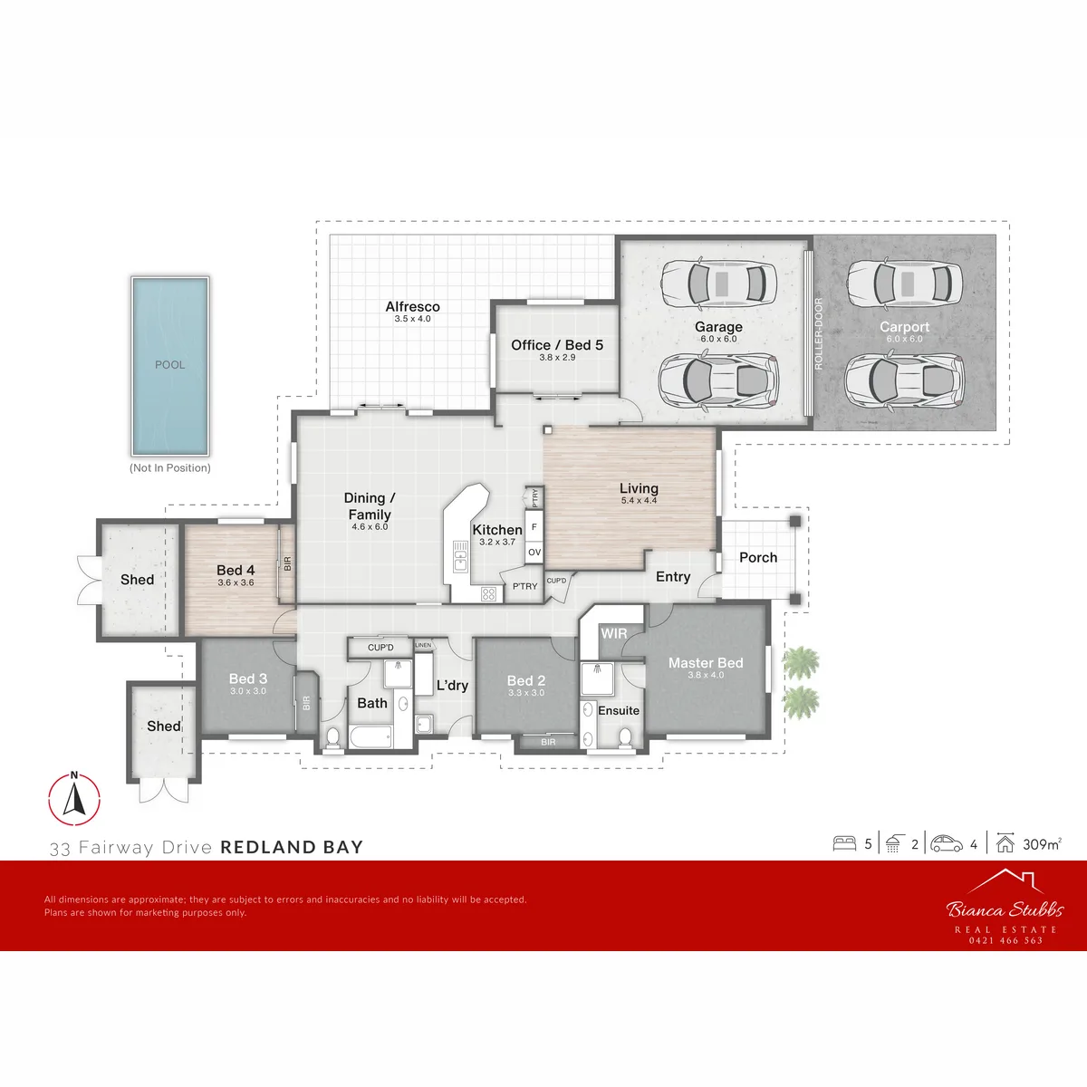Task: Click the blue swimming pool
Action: pyautogui.click(x=169, y=366)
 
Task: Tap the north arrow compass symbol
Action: pyautogui.click(x=74, y=798)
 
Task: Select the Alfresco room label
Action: pyautogui.click(x=412, y=306)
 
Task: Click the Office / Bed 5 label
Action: pyautogui.click(x=557, y=344)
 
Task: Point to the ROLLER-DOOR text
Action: pyautogui.click(x=819, y=334)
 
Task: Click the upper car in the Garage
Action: pyautogui.click(x=718, y=284)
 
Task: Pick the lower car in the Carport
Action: pyautogui.click(x=904, y=379)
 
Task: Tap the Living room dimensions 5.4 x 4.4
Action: pyautogui.click(x=639, y=500)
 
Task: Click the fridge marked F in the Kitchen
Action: pyautogui.click(x=534, y=527)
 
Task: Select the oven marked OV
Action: pyautogui.click(x=534, y=553)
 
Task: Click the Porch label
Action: pyautogui.click(x=758, y=557)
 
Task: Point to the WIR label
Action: pyautogui.click(x=614, y=633)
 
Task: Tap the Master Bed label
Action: pyautogui.click(x=706, y=663)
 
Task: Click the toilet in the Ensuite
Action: pyautogui.click(x=625, y=736)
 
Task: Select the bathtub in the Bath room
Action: pyautogui.click(x=370, y=736)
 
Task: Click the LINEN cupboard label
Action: pyautogui.click(x=423, y=645)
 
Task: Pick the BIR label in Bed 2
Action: pyautogui.click(x=548, y=743)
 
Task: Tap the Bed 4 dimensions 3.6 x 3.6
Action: pyautogui.click(x=236, y=582)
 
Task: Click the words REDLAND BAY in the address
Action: pyautogui.click(x=292, y=847)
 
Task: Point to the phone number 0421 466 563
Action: pyautogui.click(x=1005, y=940)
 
